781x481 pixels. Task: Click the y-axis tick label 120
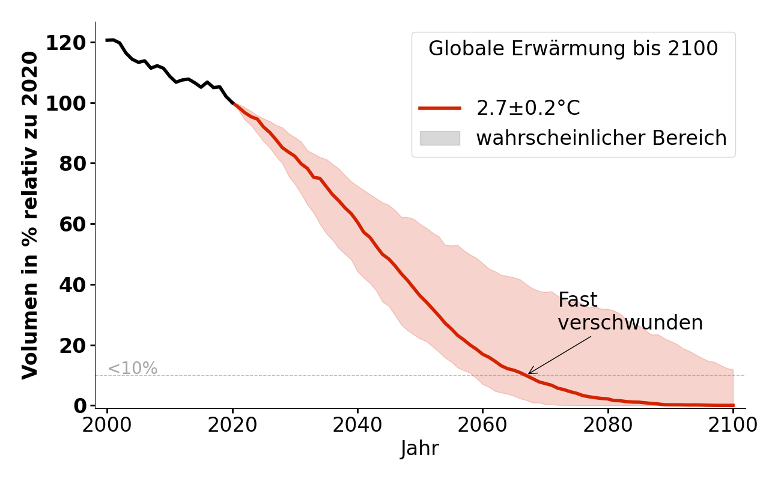65,43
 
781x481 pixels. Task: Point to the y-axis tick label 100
65,103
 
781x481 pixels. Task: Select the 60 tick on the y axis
72,224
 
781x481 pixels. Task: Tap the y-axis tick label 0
80,406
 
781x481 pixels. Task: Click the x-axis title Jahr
420,449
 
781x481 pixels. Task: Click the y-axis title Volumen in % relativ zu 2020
30,215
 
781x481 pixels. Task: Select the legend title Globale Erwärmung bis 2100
573,49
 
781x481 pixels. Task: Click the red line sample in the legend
440,108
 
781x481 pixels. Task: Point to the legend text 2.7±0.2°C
528,108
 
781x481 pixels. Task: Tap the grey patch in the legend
440,138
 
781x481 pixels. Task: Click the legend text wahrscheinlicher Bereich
601,138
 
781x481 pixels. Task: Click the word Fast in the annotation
577,301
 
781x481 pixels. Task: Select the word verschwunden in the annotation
630,323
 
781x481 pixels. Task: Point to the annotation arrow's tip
529,374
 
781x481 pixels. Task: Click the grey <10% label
132,369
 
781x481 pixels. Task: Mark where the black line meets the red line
233,103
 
